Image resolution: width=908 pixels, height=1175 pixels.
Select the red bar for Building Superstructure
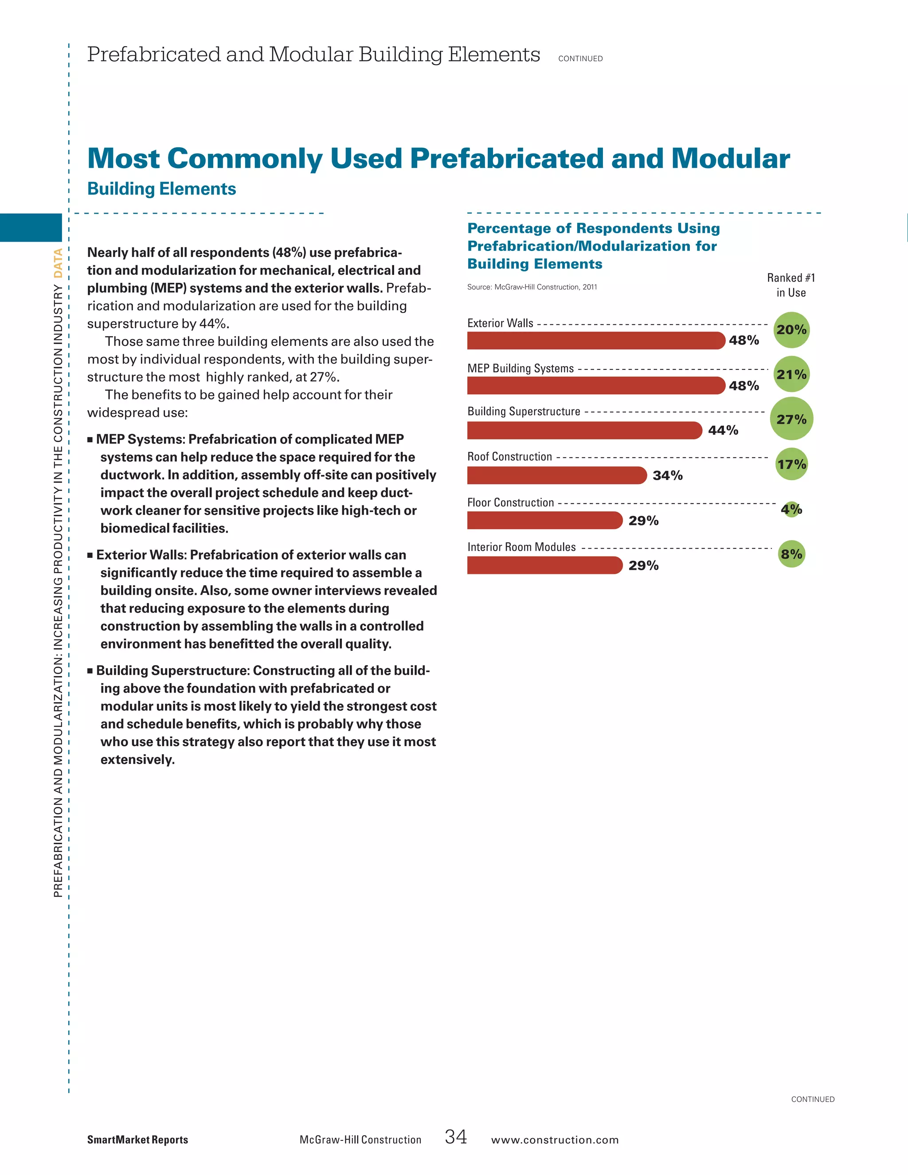click(584, 431)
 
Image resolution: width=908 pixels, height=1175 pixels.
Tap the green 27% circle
click(791, 419)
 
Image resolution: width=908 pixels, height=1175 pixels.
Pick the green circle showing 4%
click(791, 509)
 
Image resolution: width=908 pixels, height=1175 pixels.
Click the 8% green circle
click(791, 554)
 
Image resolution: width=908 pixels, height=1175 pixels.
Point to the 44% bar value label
click(723, 431)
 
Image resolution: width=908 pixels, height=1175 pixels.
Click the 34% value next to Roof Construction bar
click(668, 476)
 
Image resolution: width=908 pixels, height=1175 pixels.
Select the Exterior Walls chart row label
click(500, 323)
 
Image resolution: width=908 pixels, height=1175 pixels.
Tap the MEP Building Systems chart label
click(520, 368)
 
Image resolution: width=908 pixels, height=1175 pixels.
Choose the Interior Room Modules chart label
click(521, 547)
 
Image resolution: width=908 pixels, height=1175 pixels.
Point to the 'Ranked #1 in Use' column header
click(791, 285)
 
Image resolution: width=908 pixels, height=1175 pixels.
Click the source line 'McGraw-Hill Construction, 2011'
click(532, 287)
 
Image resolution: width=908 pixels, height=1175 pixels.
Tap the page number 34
click(456, 1136)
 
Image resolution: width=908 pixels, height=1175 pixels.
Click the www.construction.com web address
click(555, 1140)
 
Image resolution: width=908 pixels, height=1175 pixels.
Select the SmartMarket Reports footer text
click(138, 1140)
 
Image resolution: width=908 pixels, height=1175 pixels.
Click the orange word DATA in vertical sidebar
click(58, 263)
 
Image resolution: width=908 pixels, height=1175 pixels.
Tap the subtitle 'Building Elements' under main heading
click(161, 189)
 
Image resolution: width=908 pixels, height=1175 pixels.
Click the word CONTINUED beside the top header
click(580, 59)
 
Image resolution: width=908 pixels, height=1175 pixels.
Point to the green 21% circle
click(791, 375)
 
